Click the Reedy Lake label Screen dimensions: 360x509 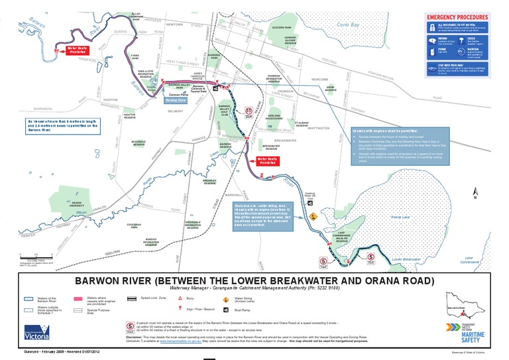click(399, 216)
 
